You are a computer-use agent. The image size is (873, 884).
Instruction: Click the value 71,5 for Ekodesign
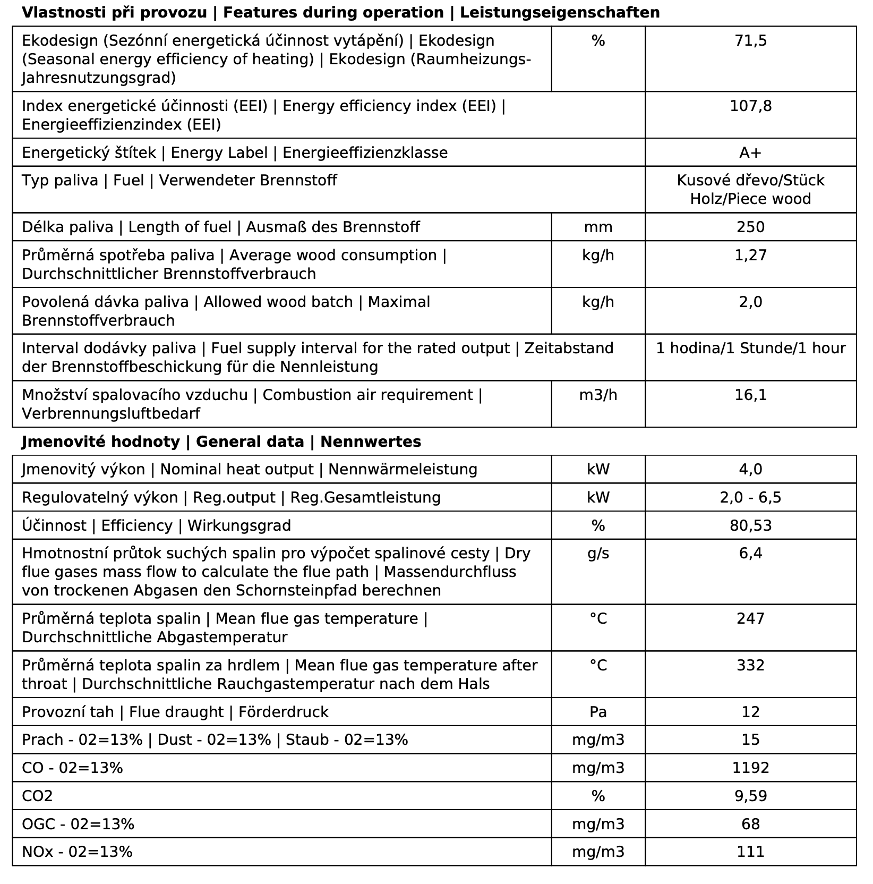750,41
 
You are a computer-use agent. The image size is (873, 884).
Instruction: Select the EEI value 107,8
750,106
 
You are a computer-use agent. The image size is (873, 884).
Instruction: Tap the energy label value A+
750,153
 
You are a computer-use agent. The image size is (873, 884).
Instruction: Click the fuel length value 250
750,227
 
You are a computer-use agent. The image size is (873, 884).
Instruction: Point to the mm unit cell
598,227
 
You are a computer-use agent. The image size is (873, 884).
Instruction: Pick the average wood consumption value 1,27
750,256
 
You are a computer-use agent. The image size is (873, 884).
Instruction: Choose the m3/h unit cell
598,395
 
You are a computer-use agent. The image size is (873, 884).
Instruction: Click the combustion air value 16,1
750,395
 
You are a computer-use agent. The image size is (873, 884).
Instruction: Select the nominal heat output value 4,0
750,470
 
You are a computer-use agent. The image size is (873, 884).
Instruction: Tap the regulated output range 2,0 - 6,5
750,498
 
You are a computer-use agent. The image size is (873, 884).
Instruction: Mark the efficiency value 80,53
750,526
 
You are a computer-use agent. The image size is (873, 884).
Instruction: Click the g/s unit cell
598,554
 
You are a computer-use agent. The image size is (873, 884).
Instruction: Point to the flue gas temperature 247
750,619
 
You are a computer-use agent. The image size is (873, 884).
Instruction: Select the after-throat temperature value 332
750,666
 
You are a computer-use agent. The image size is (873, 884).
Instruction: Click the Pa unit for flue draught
598,712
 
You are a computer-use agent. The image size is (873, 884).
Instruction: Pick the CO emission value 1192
750,768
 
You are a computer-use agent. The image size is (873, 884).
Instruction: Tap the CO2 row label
37,796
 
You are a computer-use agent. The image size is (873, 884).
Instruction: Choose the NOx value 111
750,852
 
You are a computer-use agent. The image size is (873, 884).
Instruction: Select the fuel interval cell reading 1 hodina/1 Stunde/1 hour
750,348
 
